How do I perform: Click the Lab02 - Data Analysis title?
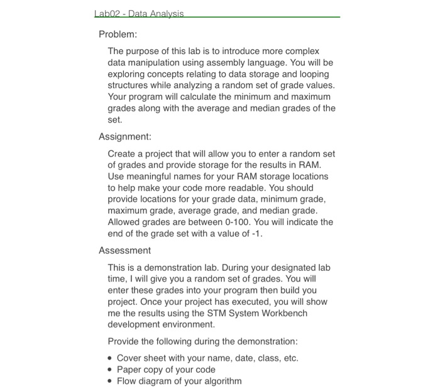tap(138, 14)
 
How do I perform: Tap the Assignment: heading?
tap(125, 136)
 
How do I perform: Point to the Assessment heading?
tap(124, 250)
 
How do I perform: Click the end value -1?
tap(254, 234)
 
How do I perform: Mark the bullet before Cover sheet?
tap(111, 358)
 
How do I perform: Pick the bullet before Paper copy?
tap(111, 370)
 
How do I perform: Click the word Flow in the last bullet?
tap(128, 381)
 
